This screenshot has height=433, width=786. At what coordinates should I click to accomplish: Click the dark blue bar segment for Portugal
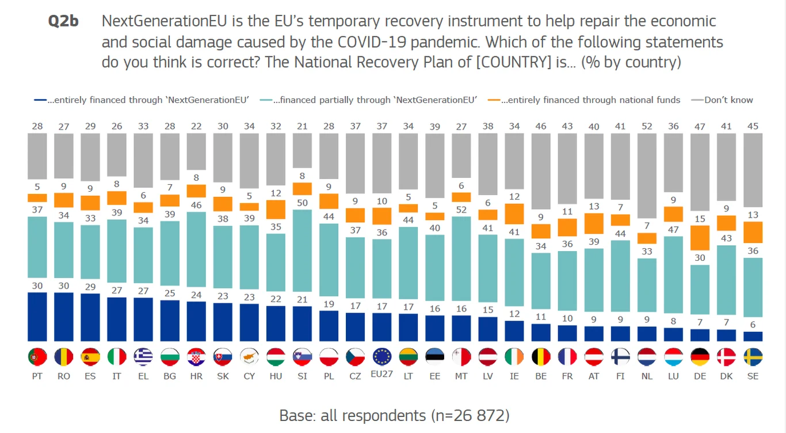pyautogui.click(x=37, y=317)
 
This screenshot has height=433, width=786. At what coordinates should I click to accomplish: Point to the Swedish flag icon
pyautogui.click(x=753, y=357)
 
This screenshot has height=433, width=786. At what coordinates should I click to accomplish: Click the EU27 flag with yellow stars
pyautogui.click(x=382, y=357)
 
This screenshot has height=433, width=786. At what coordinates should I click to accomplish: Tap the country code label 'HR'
pyautogui.click(x=196, y=376)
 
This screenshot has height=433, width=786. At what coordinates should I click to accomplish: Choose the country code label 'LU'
pyautogui.click(x=673, y=376)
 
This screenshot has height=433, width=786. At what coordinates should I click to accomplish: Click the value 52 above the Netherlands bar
pyautogui.click(x=647, y=126)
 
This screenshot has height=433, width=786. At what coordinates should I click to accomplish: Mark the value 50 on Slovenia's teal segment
pyautogui.click(x=302, y=203)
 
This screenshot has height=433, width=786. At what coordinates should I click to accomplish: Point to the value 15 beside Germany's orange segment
pyautogui.click(x=700, y=219)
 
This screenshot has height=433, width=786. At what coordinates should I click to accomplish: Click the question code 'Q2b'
pyautogui.click(x=63, y=22)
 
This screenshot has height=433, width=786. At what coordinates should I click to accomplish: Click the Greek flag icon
pyautogui.click(x=143, y=357)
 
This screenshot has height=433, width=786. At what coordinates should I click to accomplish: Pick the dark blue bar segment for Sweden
pyautogui.click(x=753, y=336)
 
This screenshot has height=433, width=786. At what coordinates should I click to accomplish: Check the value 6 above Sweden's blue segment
pyautogui.click(x=753, y=325)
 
